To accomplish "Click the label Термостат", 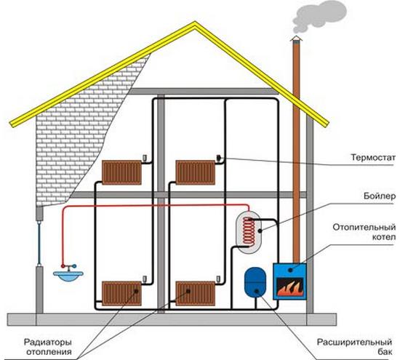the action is [373, 157].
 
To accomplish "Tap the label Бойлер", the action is [380, 196].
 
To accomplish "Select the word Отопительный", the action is [364, 227].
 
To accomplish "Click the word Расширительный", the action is [354, 342].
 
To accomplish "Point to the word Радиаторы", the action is [48, 342].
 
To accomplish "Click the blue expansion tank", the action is [255, 281].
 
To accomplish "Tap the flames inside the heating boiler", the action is [290, 287].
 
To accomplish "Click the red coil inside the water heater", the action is [249, 231].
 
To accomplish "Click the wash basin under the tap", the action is [68, 276].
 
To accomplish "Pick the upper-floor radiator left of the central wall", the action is [121, 172].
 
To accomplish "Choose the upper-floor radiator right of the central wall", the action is [196, 172].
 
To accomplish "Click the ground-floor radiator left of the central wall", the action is [121, 293].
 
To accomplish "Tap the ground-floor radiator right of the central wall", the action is [196, 293].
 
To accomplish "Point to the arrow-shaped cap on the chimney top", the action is [296, 39].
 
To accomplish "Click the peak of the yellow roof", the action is [195, 22].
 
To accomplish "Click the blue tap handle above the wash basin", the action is [74, 266].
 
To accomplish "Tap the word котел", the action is [384, 237].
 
